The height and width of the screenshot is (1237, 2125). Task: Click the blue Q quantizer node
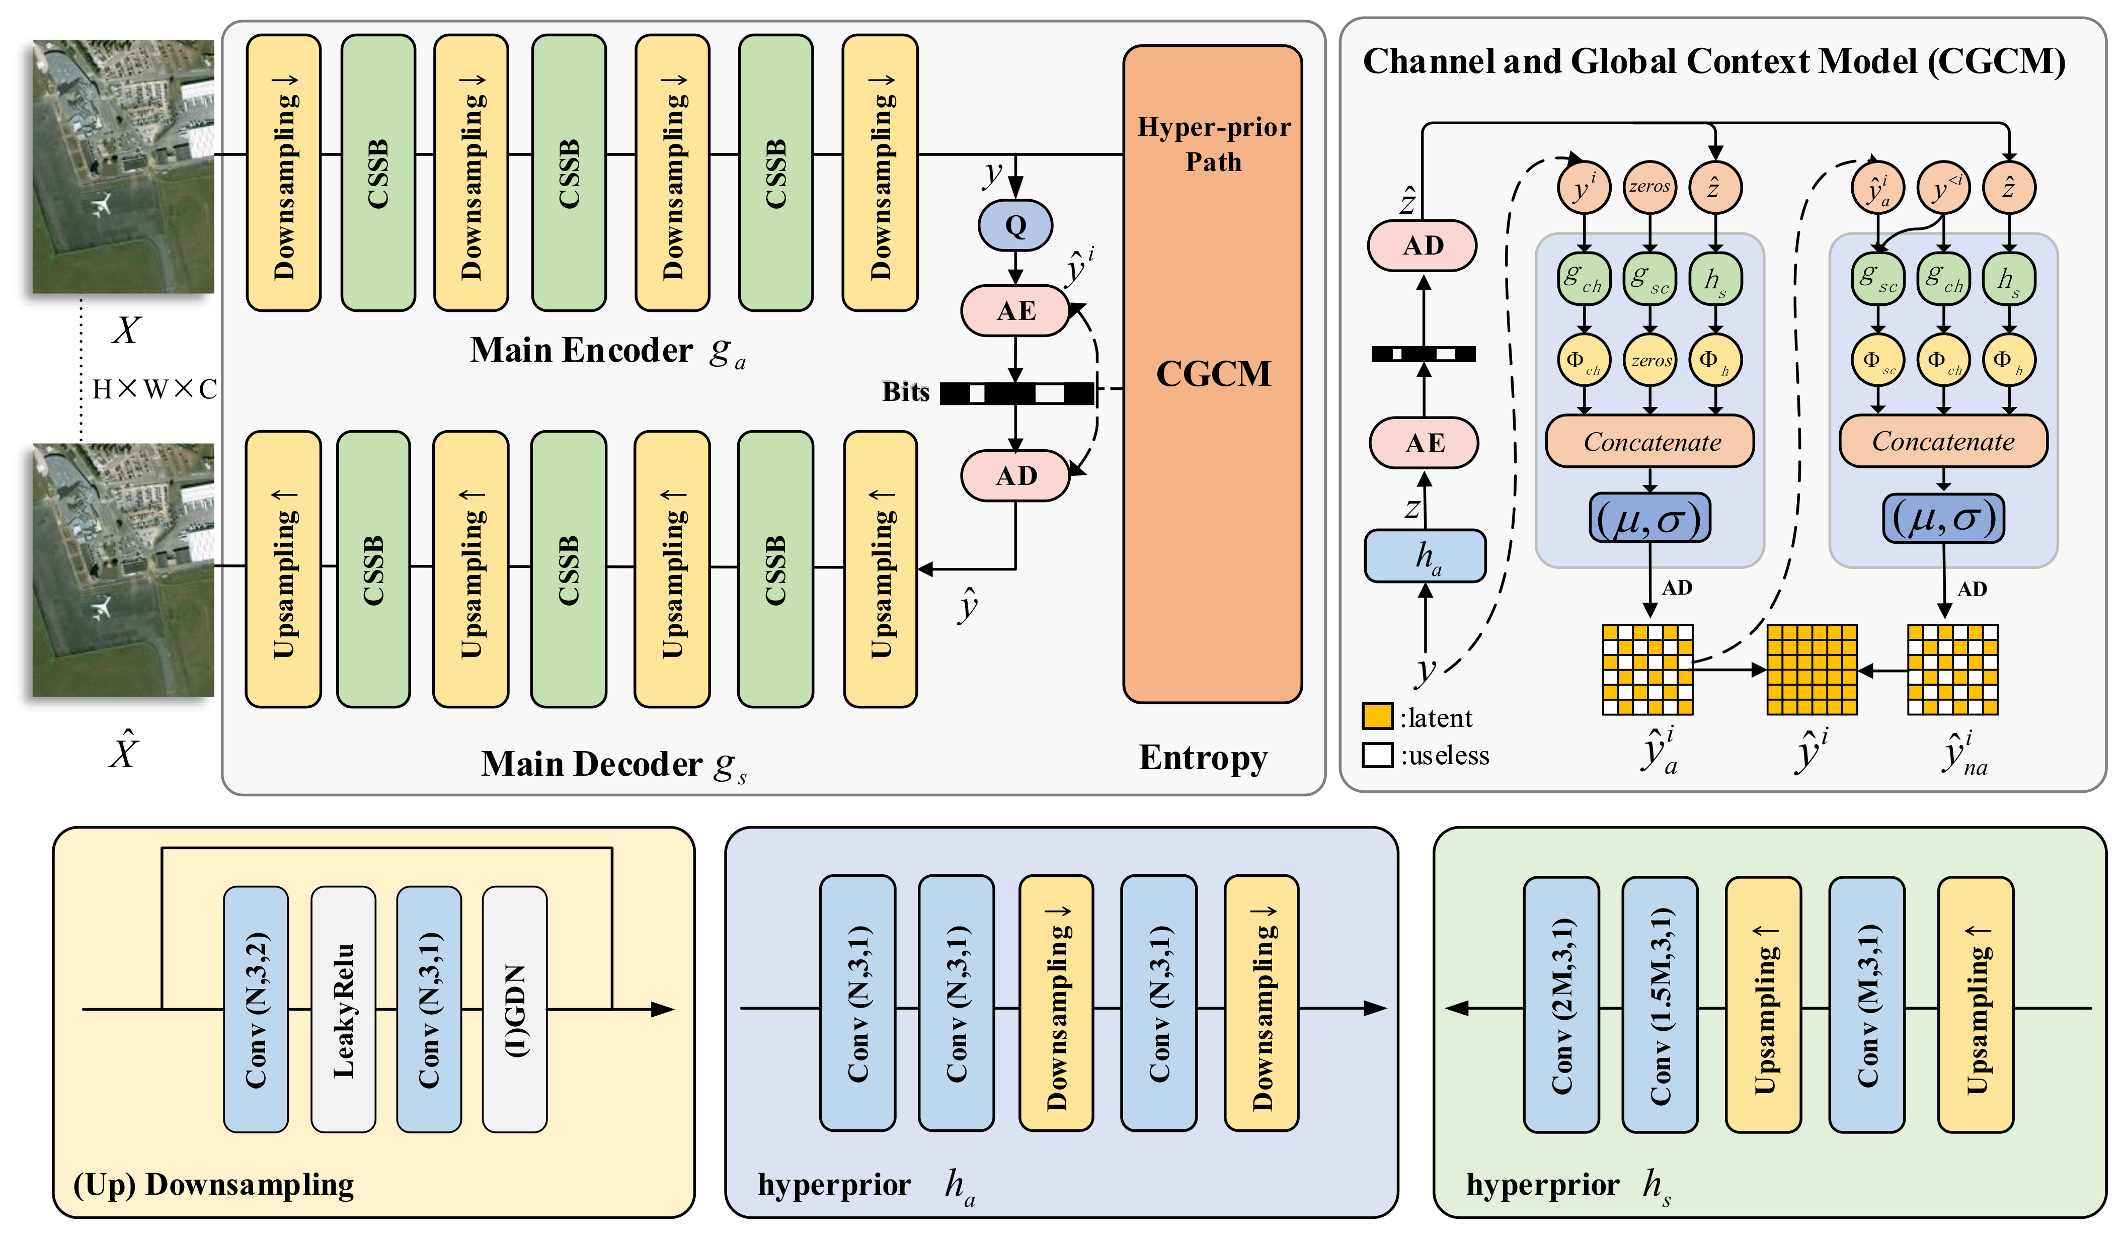pyautogui.click(x=1015, y=225)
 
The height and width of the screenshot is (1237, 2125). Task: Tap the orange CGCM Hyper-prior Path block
pyautogui.click(x=1213, y=374)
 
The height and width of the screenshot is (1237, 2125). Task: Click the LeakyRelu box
pyautogui.click(x=343, y=1009)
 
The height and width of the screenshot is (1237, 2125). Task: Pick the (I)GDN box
pyautogui.click(x=514, y=1009)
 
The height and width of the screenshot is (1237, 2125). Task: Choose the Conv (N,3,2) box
pyautogui.click(x=256, y=1009)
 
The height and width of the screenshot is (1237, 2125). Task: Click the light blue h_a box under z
pyautogui.click(x=1425, y=556)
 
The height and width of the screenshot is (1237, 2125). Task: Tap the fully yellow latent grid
pyautogui.click(x=1812, y=670)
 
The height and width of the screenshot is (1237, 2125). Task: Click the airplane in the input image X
pyautogui.click(x=103, y=204)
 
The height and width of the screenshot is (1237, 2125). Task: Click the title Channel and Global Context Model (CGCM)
pyautogui.click(x=1713, y=61)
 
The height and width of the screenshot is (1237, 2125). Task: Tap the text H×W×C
pyautogui.click(x=154, y=389)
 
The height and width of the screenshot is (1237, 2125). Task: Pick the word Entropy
pyautogui.click(x=1203, y=757)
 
